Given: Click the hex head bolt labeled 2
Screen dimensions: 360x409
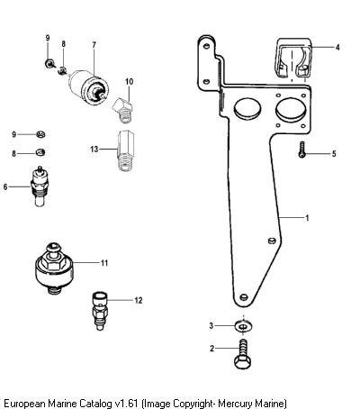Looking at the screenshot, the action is click(x=242, y=354).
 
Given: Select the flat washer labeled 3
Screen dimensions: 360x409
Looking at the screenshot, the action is click(x=243, y=326).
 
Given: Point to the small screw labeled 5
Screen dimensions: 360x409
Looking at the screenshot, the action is click(x=301, y=150).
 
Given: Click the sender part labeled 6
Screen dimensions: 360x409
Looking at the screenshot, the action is click(x=40, y=186).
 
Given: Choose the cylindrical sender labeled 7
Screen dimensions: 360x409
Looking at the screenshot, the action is click(x=89, y=86).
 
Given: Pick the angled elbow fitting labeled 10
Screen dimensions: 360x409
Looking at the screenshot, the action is click(x=123, y=109).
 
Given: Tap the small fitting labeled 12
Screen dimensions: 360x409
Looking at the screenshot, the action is click(x=100, y=310).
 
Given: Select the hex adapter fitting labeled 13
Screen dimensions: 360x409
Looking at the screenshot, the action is click(x=126, y=150).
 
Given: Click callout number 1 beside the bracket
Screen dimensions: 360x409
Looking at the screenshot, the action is click(x=307, y=218).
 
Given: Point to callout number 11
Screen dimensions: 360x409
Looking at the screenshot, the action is click(x=104, y=263).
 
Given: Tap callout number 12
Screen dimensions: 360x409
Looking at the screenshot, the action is click(x=139, y=300).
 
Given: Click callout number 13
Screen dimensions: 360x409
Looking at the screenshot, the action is click(x=94, y=149).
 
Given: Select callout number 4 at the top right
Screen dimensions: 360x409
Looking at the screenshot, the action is click(x=337, y=47).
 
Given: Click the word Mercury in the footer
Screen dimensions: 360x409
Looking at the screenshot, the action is click(x=235, y=403).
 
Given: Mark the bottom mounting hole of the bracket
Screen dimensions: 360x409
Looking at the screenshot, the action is click(x=244, y=297).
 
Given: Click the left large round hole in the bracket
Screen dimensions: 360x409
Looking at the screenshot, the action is click(x=247, y=108).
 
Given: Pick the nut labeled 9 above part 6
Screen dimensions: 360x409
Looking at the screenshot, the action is click(x=40, y=134).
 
